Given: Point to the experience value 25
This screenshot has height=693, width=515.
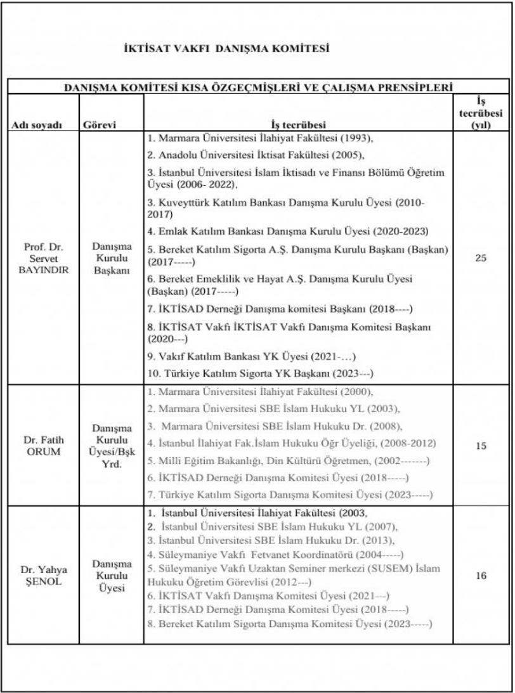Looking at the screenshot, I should pos(480,258).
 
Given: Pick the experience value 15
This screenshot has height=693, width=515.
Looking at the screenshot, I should pos(480,446).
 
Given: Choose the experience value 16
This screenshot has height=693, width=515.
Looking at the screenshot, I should pos(480,575).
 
